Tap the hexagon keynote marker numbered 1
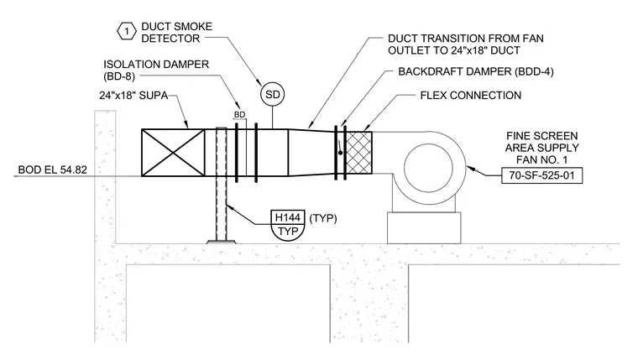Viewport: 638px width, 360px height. click(127, 31)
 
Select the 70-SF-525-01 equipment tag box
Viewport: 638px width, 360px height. click(541, 175)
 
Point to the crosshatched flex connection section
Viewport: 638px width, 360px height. click(358, 153)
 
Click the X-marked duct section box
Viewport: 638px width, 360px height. click(173, 153)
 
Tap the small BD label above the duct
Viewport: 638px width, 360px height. click(239, 115)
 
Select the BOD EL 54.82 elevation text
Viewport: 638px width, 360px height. click(53, 170)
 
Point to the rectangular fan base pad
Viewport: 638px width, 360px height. click(424, 227)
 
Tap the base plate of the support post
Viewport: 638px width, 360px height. click(221, 242)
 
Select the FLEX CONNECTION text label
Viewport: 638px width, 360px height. click(471, 96)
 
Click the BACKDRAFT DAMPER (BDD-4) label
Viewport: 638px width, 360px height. click(476, 71)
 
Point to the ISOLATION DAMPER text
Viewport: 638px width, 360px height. click(156, 65)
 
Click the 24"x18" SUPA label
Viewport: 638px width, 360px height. click(133, 96)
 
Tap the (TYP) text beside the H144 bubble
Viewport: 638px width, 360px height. click(323, 218)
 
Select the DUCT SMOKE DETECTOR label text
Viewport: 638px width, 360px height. click(176, 33)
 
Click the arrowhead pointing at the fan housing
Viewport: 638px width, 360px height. click(471, 168)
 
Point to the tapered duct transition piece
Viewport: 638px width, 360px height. click(311, 153)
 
